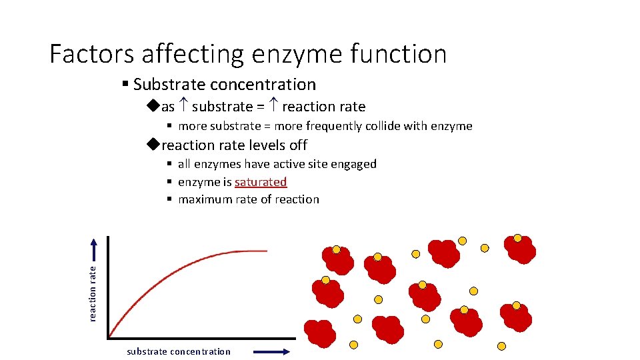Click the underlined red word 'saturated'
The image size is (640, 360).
(261, 182)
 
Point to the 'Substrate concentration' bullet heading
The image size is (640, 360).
(224, 85)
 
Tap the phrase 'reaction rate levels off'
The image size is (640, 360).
(234, 145)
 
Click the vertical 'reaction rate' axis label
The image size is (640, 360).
(93, 293)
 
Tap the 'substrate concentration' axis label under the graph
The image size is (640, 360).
(179, 351)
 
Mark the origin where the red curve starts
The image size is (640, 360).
(109, 336)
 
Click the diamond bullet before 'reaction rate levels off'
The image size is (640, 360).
(153, 145)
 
